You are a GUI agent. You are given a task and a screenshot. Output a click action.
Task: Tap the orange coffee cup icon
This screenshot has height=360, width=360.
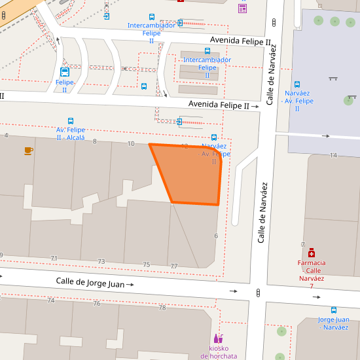tap(28, 151)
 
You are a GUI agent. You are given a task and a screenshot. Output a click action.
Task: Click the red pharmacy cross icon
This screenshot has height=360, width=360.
tap(312, 252)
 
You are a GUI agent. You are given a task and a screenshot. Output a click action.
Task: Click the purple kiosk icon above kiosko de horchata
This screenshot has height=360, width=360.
tap(217, 338)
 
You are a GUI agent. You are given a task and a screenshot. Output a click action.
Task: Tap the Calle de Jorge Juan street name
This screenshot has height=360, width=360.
tap(90, 283)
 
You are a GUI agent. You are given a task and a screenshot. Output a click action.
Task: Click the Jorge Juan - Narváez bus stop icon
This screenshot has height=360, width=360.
tap(334, 310)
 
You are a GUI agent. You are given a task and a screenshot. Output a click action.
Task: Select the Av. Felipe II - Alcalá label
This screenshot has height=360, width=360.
tap(71, 134)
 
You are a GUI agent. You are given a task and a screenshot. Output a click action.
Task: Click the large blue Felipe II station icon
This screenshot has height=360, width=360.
tap(65, 72)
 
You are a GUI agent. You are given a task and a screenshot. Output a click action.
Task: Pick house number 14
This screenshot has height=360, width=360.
tap(333, 155)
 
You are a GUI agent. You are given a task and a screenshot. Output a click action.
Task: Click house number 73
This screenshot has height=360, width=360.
tap(101, 262)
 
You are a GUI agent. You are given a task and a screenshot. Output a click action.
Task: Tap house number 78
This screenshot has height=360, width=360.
tap(162, 307)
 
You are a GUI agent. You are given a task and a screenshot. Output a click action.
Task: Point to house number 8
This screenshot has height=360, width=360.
tap(94, 141)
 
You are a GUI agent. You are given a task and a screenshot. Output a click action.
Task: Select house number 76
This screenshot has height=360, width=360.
tap(97, 303)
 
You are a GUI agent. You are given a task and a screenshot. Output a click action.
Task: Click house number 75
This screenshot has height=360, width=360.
tap(146, 264)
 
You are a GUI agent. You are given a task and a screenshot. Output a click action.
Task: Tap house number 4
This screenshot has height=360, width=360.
tap(7, 135)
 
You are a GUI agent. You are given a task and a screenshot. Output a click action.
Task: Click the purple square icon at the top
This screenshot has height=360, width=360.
tap(242, 9)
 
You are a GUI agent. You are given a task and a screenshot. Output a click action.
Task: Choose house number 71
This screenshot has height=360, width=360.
tap(54, 259)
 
